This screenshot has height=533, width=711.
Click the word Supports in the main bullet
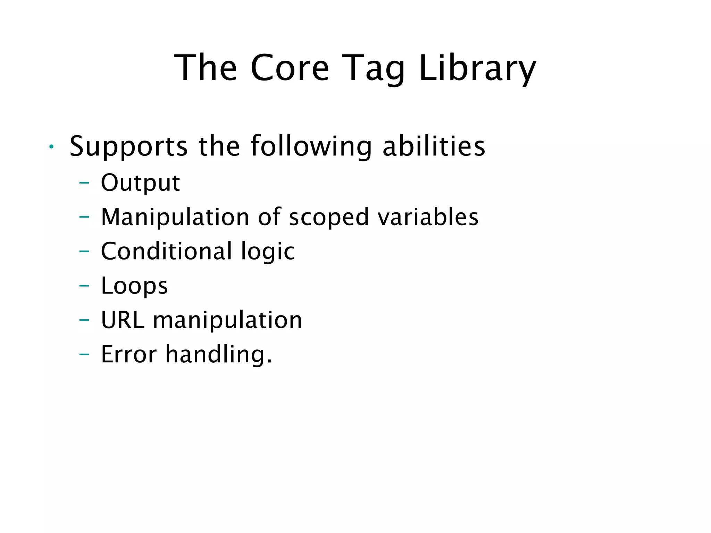pyautogui.click(x=128, y=146)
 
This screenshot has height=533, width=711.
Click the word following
pyautogui.click(x=311, y=146)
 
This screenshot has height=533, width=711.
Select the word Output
pyautogui.click(x=140, y=183)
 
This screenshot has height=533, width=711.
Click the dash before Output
pyautogui.click(x=84, y=183)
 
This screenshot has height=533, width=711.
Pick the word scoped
pyautogui.click(x=328, y=217)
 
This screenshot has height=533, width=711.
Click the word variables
pyautogui.click(x=428, y=217)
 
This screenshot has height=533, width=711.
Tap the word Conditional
pyautogui.click(x=166, y=251)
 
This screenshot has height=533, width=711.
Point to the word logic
pyautogui.click(x=268, y=251)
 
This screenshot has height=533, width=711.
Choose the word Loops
pyautogui.click(x=134, y=286)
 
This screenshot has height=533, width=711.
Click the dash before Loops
pyautogui.click(x=84, y=286)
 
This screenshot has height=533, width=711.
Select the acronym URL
pyautogui.click(x=122, y=320)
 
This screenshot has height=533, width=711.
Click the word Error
pyautogui.click(x=129, y=354)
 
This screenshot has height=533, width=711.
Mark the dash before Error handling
pyautogui.click(x=84, y=354)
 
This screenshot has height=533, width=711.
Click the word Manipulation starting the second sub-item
pyautogui.click(x=175, y=217)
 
